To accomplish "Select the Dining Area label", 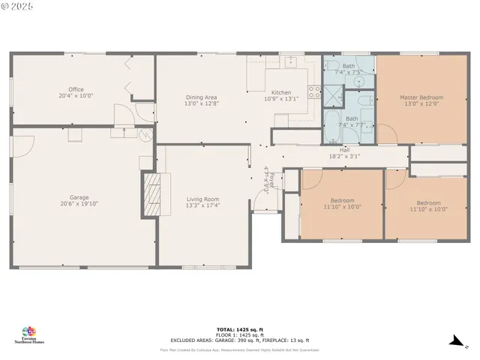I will pos(201,97).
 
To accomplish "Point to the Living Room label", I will pos(202,199).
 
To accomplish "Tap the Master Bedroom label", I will pos(421,97).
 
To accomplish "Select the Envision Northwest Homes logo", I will pos(29,334).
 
